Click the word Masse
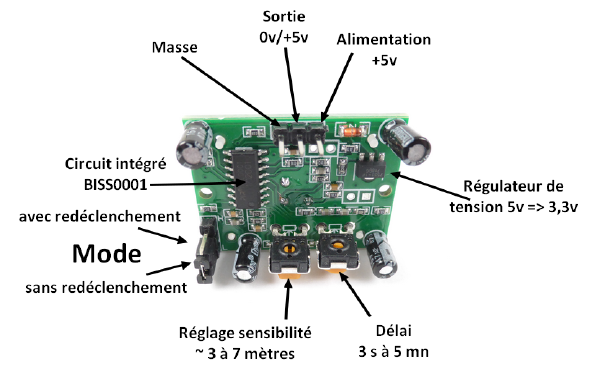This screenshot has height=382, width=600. point(174,47)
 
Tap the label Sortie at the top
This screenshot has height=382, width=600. point(284,16)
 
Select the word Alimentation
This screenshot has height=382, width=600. point(383,39)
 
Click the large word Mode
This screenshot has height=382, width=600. point(107,254)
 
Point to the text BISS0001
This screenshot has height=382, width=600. point(116,185)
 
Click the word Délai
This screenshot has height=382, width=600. point(394,331)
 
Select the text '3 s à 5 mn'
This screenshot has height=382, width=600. point(394,352)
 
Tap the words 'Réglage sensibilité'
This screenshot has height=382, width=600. point(245,333)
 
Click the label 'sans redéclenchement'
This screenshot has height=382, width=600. point(106,288)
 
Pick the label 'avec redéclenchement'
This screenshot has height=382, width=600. point(99,217)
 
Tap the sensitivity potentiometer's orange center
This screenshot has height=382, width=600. point(290,249)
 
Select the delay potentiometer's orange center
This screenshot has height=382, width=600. point(338,245)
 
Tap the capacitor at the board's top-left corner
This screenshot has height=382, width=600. point(194,145)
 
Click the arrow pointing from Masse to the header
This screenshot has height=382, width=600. point(231,91)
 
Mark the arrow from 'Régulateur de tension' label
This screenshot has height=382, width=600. point(429,186)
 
